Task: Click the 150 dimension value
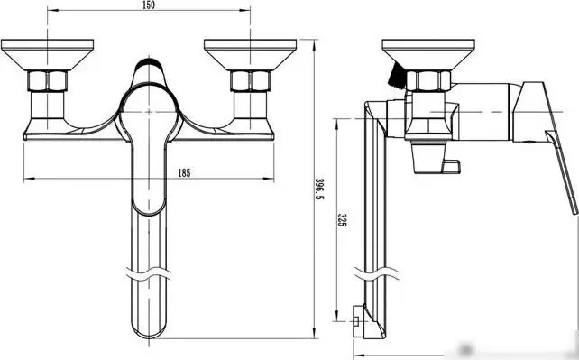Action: pos(148,5)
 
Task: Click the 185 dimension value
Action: pos(184,172)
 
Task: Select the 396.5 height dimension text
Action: pos(319,189)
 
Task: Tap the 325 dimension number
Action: pos(343,220)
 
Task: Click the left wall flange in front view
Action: pos(47,54)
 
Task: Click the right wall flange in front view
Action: pos(251,54)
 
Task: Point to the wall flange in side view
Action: pos(428,54)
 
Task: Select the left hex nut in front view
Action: pos(47,81)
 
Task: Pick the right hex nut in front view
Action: pos(251,81)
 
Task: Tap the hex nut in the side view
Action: pos(428,81)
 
